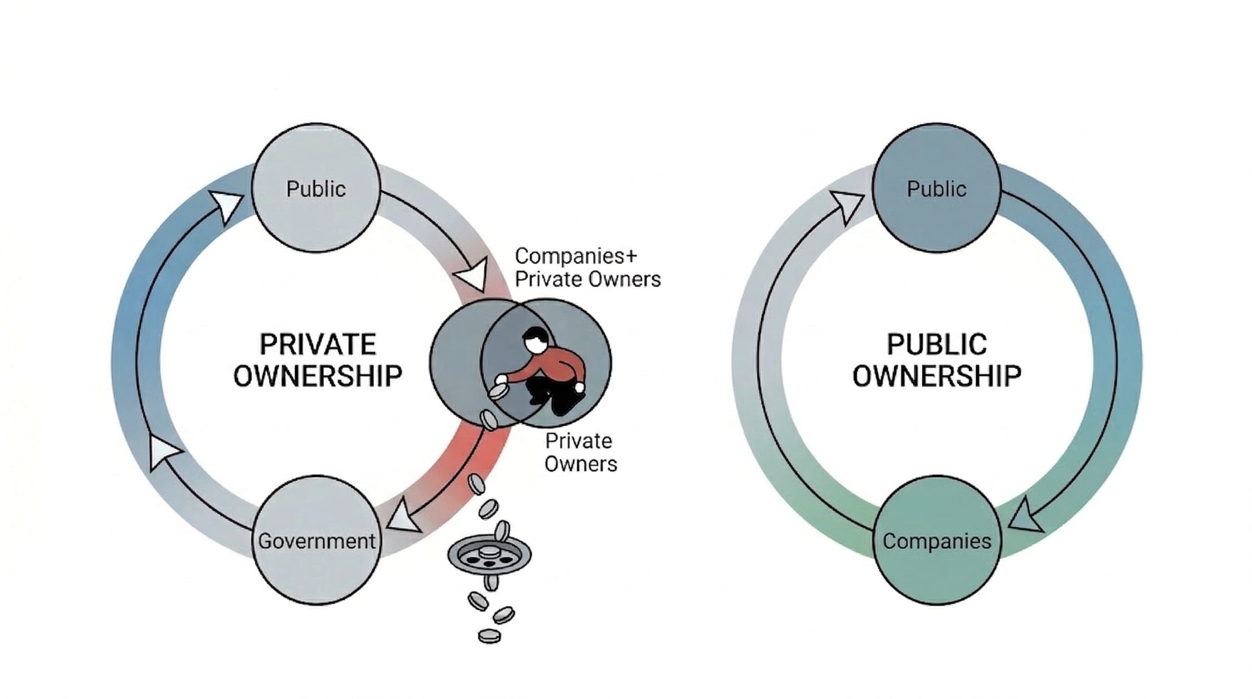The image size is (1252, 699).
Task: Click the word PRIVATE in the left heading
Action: coord(318,344)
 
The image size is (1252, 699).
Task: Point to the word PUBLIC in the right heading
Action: coord(936,344)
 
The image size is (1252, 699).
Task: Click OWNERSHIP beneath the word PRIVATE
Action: coord(318,375)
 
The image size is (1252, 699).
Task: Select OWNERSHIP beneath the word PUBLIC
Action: coord(936,375)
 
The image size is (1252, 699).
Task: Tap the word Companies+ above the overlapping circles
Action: coord(575,256)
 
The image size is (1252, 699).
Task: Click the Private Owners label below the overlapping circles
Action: coord(580,452)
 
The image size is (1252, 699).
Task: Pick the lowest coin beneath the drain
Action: coord(489,635)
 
